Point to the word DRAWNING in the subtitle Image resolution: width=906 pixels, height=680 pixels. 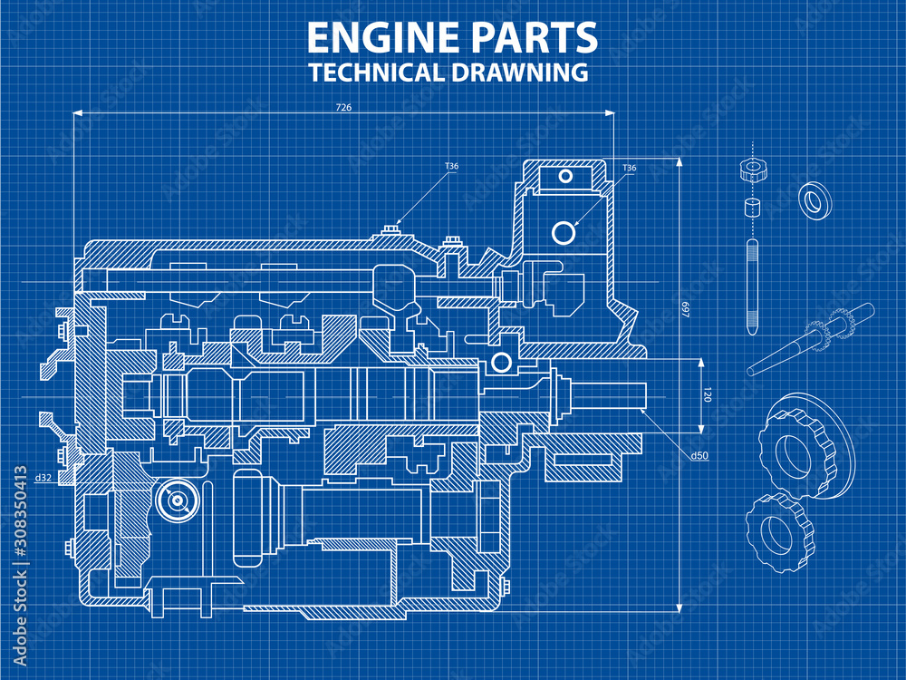pos(516,73)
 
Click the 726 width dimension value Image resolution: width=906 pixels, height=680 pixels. pos(343,107)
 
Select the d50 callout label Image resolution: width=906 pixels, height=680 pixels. pos(699,456)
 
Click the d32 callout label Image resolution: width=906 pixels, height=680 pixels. pos(43,477)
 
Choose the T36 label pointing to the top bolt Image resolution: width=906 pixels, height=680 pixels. pos(451,166)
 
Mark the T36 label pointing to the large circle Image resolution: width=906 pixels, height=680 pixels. pos(629,168)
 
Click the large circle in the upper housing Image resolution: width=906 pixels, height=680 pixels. pos(564,233)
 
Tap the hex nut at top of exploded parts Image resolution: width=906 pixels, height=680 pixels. pos(751,169)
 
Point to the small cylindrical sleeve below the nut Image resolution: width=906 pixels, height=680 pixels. pos(751,208)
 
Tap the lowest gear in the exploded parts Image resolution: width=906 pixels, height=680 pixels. pos(779,529)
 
